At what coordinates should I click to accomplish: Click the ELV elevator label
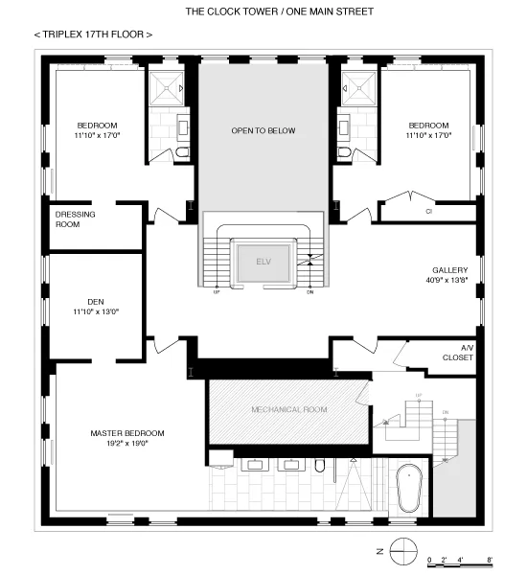point(263,261)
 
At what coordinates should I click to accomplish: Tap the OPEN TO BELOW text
point(263,130)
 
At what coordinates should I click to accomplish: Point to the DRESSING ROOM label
point(75,219)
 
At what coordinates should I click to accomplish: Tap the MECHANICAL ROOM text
point(289,410)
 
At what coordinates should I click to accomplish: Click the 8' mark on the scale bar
point(489,559)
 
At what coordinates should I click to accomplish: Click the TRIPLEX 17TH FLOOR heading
point(93,34)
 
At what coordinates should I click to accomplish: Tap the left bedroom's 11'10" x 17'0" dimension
point(97,136)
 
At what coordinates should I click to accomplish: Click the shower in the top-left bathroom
point(169,87)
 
